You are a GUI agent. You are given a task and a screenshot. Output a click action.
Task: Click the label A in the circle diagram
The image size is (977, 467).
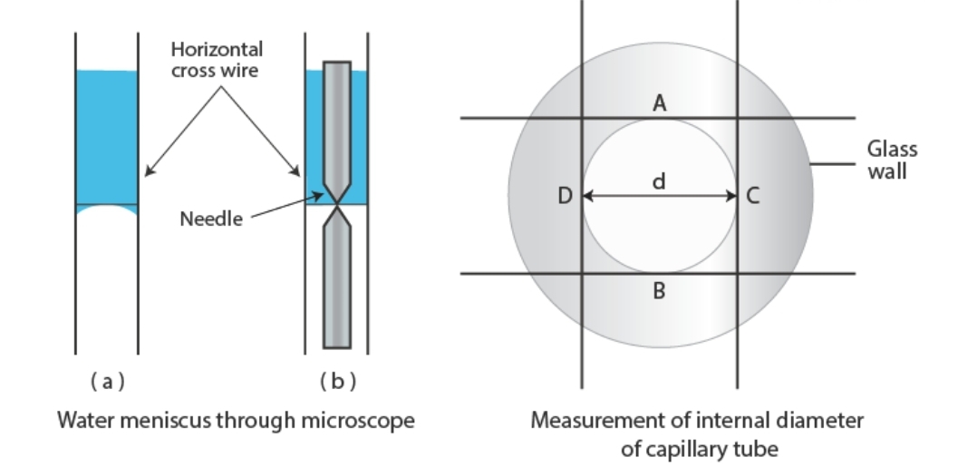coord(660,104)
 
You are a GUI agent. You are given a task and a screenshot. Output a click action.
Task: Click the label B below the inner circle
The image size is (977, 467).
coord(660,291)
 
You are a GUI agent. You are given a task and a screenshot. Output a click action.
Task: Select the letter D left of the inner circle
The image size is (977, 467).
coord(565,196)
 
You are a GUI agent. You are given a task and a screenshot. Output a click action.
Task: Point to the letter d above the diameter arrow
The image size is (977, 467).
coord(660,181)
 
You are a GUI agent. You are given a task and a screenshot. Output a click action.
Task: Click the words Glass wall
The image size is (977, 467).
coord(892,160)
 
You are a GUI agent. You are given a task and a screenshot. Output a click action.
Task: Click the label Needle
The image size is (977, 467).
coord(211,219)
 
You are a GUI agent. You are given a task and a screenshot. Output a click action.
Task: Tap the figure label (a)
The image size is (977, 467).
coord(107,382)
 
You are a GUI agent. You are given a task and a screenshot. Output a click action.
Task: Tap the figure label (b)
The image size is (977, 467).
coord(336,382)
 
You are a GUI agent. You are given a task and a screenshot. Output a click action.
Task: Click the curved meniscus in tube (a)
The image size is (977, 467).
coord(107,209)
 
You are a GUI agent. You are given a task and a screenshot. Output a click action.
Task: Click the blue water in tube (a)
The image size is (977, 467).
coord(107,136)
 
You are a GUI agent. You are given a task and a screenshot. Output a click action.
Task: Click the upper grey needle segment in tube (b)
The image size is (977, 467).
coord(336,118)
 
